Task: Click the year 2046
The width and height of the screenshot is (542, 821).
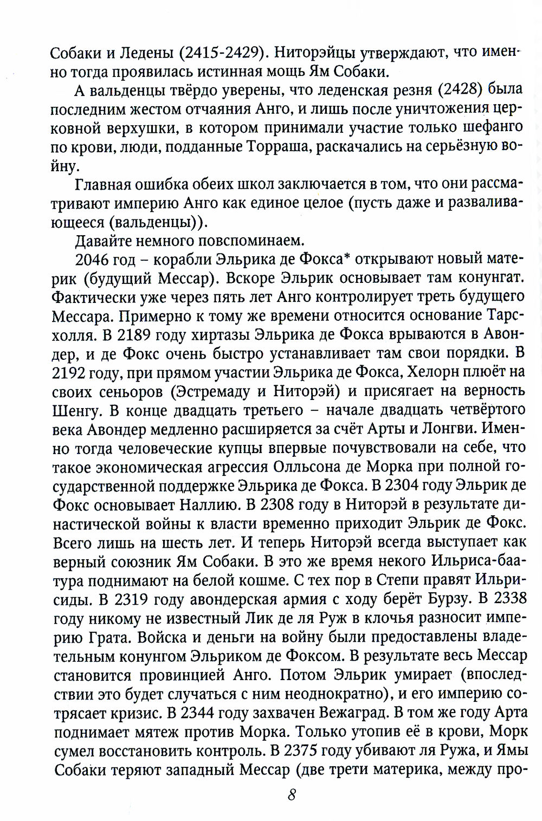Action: click(92, 259)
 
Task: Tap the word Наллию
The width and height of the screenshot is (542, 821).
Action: click(207, 501)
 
